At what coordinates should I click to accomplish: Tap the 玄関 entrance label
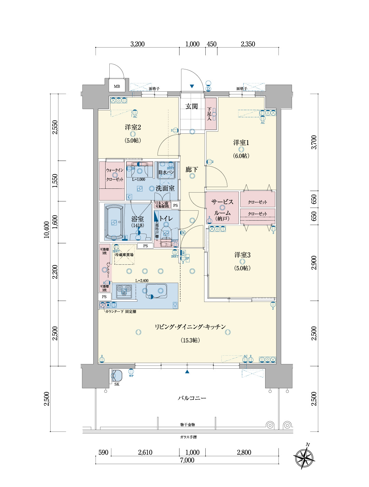(192, 106)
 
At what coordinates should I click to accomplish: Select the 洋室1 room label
(241, 143)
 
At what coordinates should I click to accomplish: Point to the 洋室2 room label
(133, 127)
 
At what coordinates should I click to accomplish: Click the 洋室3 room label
(242, 255)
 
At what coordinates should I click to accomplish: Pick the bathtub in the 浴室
(114, 222)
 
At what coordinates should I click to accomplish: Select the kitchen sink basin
(156, 291)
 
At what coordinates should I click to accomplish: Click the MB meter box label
(117, 86)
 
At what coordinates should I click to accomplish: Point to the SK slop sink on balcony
(117, 376)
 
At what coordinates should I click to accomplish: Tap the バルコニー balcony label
(192, 398)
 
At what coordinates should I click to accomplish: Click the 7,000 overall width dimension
(187, 460)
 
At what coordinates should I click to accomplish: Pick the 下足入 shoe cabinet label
(209, 114)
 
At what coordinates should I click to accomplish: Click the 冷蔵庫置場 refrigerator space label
(124, 255)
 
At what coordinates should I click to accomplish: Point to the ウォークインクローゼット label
(114, 174)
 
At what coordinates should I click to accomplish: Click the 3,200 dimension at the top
(137, 44)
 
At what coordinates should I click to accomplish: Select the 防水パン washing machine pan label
(166, 172)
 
